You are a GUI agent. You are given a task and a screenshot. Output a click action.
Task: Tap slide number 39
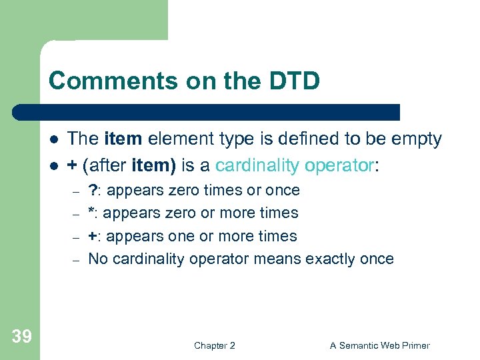click(x=21, y=337)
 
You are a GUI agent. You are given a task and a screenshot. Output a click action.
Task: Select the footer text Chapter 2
click(x=214, y=345)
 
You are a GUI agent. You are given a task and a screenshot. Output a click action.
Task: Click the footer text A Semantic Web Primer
click(x=380, y=345)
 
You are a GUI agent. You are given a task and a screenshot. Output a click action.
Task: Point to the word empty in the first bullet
click(x=417, y=139)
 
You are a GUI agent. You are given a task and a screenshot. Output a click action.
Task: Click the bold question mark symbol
click(x=93, y=190)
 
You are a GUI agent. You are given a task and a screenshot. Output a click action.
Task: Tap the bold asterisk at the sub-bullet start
click(x=91, y=212)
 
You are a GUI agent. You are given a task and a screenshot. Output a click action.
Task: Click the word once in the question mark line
click(x=283, y=190)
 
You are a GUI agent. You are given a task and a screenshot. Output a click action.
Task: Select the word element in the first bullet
click(x=176, y=139)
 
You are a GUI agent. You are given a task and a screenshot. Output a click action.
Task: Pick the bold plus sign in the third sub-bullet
click(x=93, y=236)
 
